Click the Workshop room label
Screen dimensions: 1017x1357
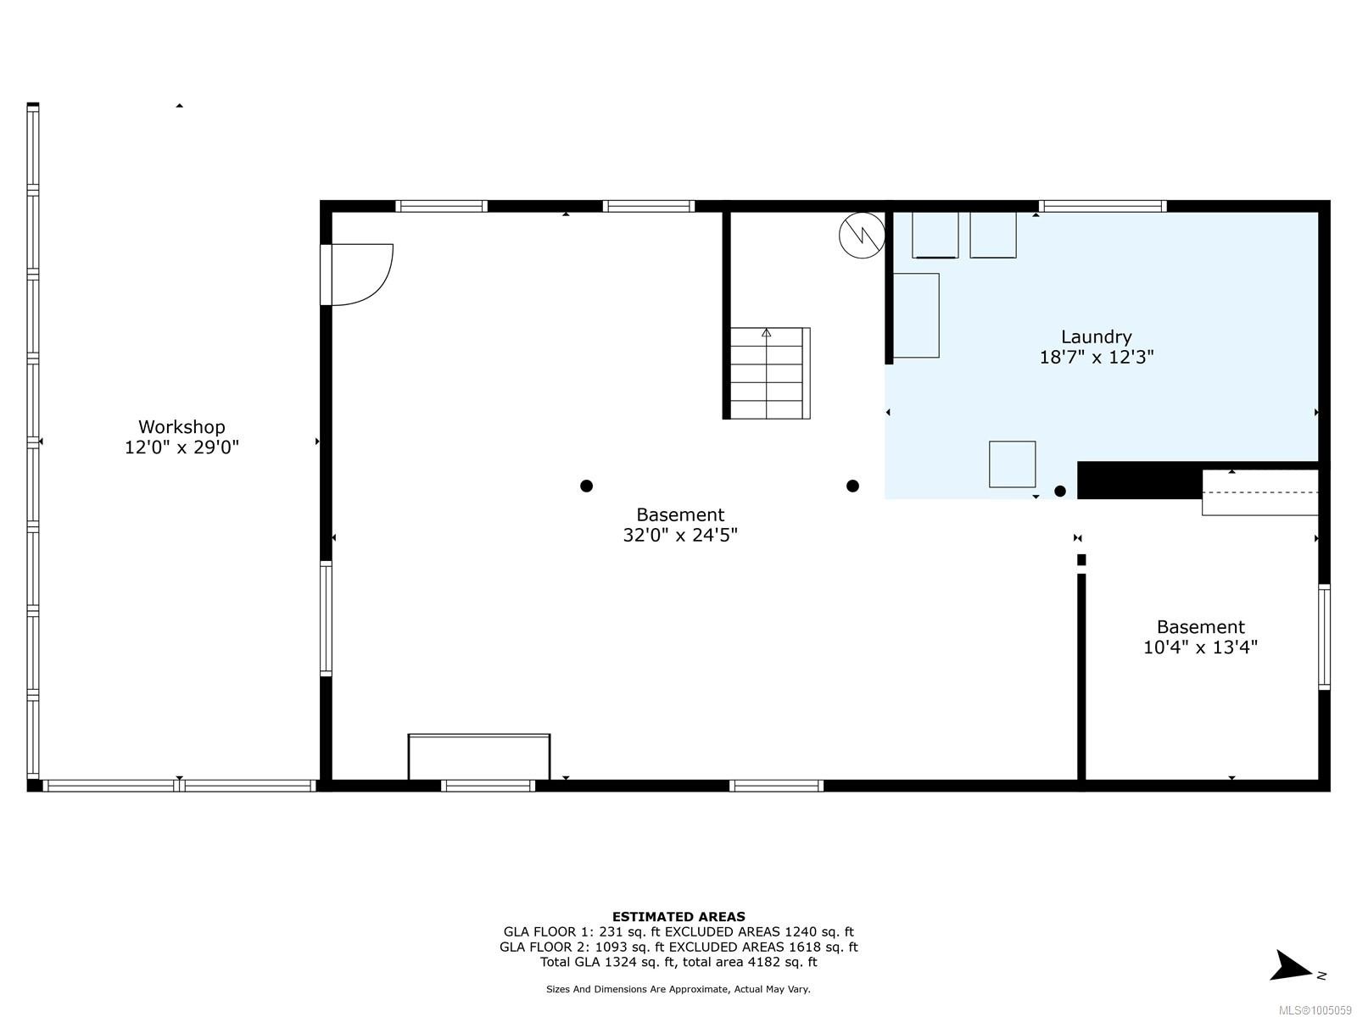pyautogui.click(x=181, y=427)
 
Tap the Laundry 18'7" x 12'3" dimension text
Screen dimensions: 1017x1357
pyautogui.click(x=1096, y=357)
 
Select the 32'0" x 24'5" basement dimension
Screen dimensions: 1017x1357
pyautogui.click(x=679, y=535)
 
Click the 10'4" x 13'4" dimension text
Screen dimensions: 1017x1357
pyautogui.click(x=1199, y=647)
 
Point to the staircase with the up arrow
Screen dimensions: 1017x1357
pyautogui.click(x=768, y=373)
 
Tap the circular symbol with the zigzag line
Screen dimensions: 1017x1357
pyautogui.click(x=862, y=235)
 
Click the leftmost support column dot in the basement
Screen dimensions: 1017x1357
pyautogui.click(x=586, y=486)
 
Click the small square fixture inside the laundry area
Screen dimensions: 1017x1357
pyautogui.click(x=1012, y=464)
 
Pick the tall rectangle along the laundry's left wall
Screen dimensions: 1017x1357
pyautogui.click(x=916, y=315)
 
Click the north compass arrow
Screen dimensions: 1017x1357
pyautogui.click(x=1293, y=966)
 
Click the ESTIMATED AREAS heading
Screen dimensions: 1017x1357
pyautogui.click(x=678, y=916)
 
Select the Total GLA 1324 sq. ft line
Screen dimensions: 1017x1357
pyautogui.click(x=678, y=962)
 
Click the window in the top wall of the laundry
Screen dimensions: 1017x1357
pyautogui.click(x=1102, y=206)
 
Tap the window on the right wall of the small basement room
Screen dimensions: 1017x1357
pyautogui.click(x=1324, y=636)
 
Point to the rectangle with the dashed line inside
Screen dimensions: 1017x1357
pyautogui.click(x=1259, y=492)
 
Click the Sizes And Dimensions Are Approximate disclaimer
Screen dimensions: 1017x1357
pyautogui.click(x=678, y=989)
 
